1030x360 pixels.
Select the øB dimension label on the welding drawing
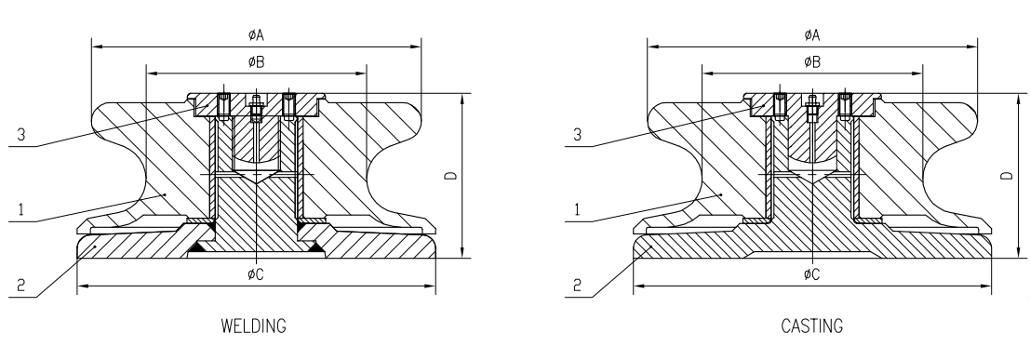255,62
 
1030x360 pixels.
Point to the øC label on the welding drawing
255,273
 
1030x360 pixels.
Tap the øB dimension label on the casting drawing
812,62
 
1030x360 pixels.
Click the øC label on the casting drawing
812,273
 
